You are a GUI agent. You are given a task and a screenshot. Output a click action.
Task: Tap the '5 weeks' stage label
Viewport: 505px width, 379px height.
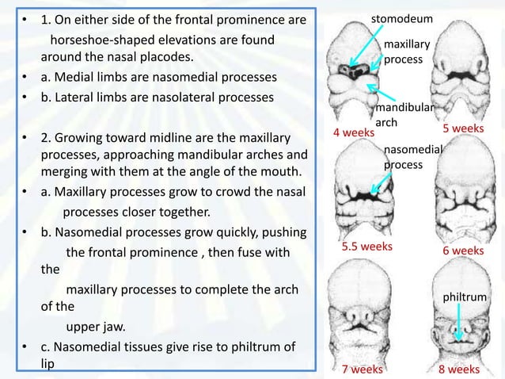(x=462, y=128)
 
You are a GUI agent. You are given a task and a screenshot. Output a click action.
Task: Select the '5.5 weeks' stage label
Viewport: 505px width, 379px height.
(x=366, y=247)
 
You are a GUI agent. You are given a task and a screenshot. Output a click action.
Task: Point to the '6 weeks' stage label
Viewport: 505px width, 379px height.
(x=463, y=251)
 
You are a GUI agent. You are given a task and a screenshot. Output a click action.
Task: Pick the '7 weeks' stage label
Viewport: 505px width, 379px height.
(x=362, y=369)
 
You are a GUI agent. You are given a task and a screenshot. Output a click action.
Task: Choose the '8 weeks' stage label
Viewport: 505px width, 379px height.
(x=459, y=369)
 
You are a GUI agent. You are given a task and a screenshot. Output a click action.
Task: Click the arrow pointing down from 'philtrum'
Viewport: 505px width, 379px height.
(x=460, y=321)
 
